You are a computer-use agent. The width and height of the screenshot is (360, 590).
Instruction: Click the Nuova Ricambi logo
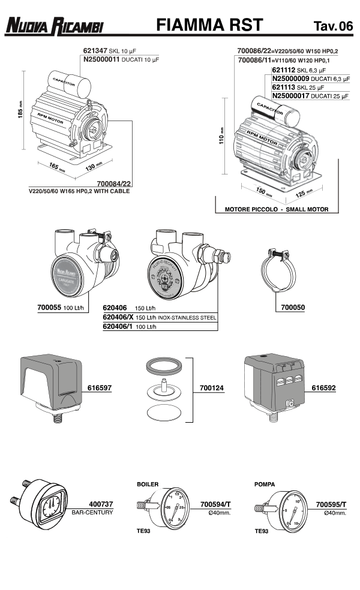55,26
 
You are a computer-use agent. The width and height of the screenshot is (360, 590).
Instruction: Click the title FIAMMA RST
209,25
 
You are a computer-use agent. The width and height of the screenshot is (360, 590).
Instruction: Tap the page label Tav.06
332,26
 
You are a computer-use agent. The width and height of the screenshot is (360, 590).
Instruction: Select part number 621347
94,52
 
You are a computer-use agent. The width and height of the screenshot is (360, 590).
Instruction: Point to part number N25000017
293,95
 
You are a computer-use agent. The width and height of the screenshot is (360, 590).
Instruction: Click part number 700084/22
113,183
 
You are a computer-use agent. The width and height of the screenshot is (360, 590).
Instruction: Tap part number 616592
323,388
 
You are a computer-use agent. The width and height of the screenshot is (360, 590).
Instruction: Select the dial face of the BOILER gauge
169,508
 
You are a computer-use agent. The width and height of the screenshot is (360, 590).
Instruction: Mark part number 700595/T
332,505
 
